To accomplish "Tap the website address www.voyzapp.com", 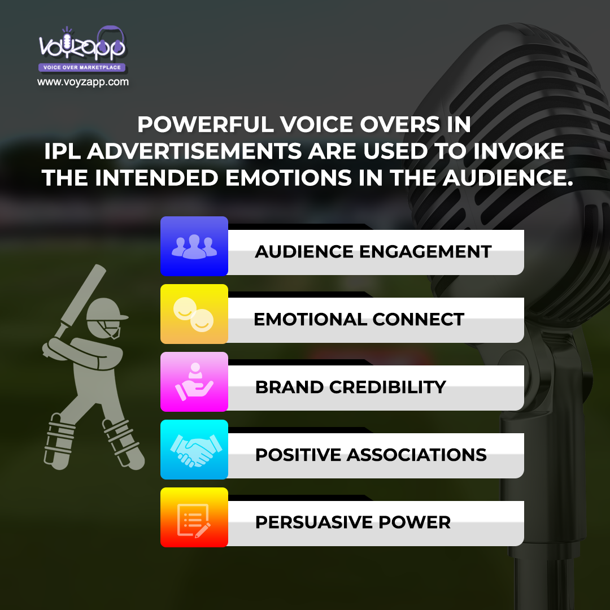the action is click(83, 82).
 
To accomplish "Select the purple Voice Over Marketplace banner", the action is click(82, 67).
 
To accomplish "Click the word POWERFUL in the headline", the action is click(206, 124).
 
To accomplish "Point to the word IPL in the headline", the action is click(62, 151).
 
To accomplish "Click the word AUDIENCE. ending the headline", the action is click(508, 178).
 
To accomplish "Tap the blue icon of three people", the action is click(194, 246).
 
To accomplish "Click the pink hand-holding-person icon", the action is click(194, 382).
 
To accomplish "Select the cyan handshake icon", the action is click(194, 450).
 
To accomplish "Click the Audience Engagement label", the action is click(373, 252).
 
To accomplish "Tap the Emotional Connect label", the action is click(359, 319).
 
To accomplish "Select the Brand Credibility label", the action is click(351, 387).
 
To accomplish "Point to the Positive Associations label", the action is click(371, 455).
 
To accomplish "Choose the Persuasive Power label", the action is click(353, 522).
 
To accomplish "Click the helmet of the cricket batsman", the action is click(106, 317).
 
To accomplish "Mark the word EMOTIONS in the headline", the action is click(289, 178).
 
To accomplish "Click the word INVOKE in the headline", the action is click(518, 151).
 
